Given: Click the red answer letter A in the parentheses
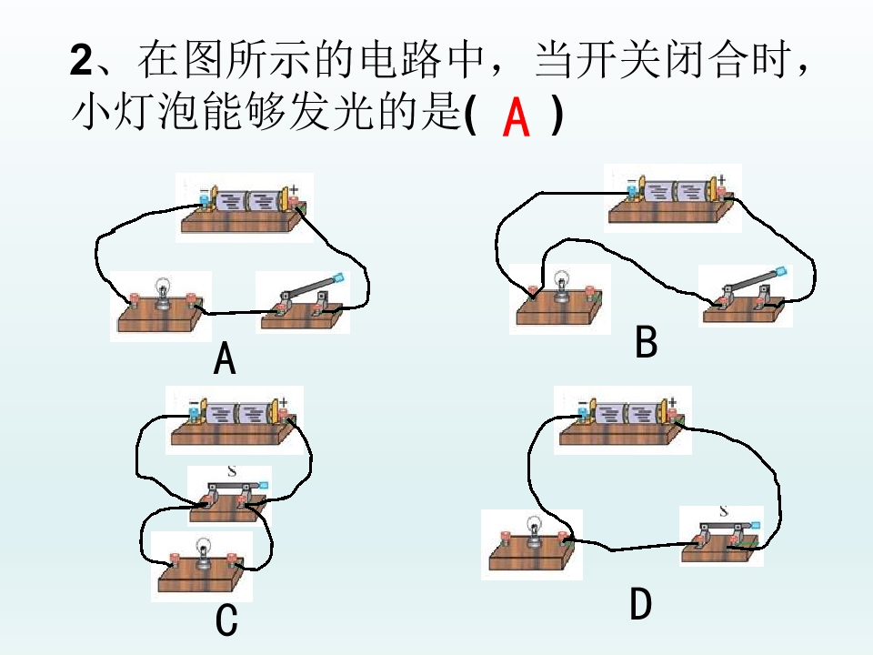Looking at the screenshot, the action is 516,116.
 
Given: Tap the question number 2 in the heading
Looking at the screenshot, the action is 81,60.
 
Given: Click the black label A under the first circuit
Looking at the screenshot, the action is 225,358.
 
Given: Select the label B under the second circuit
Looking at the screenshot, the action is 647,341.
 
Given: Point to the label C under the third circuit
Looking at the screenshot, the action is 226,620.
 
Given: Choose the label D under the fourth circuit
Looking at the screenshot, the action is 641,604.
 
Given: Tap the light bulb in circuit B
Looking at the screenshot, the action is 562,285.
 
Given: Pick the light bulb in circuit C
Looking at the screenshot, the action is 204,552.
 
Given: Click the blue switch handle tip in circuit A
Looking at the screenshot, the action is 338,277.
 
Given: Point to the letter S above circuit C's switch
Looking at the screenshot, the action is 232,471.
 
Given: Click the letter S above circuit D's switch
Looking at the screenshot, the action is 723,510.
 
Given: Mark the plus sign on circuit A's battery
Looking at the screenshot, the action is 294,190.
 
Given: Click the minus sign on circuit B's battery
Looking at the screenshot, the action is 631,182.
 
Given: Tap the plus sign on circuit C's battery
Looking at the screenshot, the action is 284,402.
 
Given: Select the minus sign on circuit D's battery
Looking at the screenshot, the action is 582,403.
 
